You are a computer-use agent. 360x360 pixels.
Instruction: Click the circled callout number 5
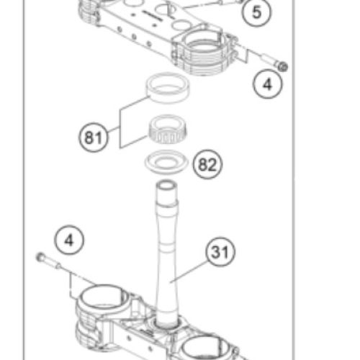[256, 12]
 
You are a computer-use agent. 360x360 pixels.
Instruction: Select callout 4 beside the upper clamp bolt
[268, 84]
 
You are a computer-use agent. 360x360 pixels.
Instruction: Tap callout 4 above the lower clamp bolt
[69, 240]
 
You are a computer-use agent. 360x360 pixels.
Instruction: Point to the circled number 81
[94, 137]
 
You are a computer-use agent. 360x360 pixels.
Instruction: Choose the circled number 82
[208, 164]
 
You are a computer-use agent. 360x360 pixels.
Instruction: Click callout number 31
[220, 252]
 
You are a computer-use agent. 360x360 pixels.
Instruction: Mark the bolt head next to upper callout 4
[282, 66]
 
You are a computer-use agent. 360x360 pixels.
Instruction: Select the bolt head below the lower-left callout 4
[40, 257]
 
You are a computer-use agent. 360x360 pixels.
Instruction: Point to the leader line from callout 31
[189, 272]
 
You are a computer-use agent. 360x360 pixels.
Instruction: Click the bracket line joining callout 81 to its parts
[120, 127]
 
